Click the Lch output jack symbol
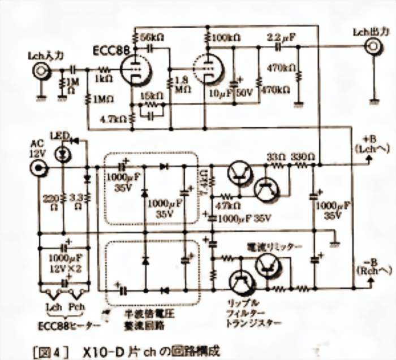[x=372, y=47]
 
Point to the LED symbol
[x=63, y=153]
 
